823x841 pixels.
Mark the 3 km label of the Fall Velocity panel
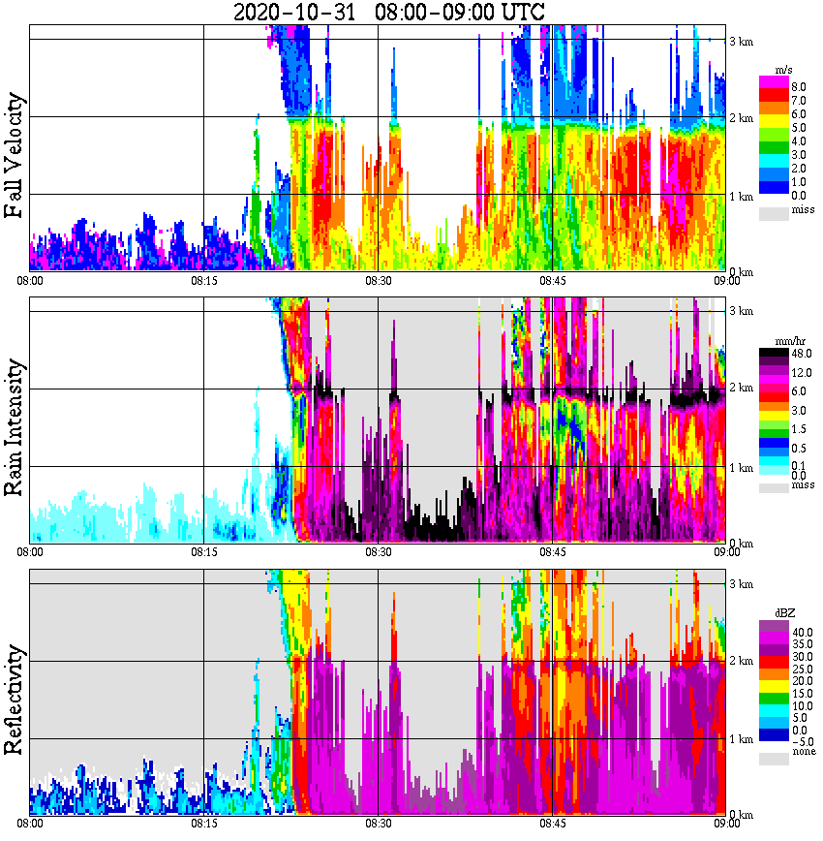pos(741,41)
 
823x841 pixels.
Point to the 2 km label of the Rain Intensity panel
pos(741,389)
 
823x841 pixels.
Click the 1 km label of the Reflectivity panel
pos(741,739)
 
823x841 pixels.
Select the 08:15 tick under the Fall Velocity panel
pos(203,282)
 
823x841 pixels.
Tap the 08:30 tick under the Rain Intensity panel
pos(378,552)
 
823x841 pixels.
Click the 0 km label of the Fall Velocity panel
pos(741,272)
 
